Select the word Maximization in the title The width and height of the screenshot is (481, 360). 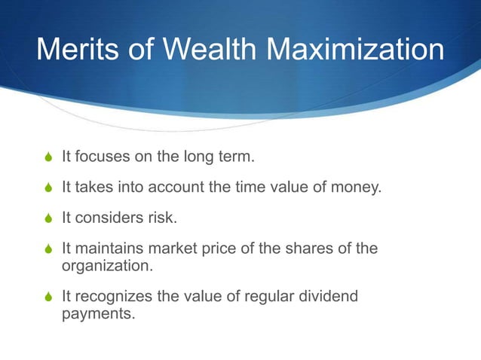[x=357, y=50]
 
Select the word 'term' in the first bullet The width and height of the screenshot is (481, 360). [x=237, y=157]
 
